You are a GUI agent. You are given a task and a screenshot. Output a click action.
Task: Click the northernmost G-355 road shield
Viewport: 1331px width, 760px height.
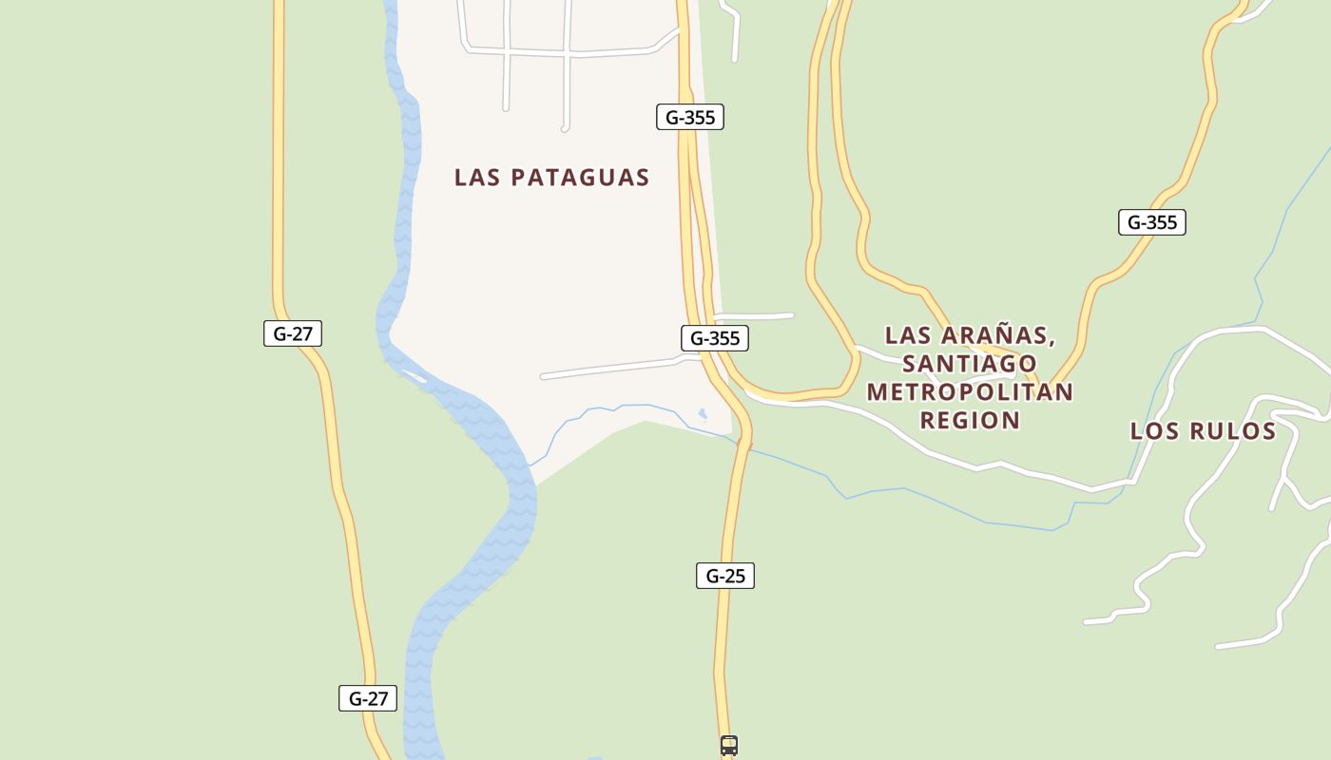point(689,117)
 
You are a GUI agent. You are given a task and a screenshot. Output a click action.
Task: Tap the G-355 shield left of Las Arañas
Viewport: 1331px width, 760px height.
point(714,338)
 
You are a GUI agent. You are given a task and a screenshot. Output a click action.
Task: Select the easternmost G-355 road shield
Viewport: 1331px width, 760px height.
point(1151,222)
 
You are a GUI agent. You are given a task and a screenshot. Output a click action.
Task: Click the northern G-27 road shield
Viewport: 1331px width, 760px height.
point(293,333)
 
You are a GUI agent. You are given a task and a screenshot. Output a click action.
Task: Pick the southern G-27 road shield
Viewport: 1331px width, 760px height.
point(368,698)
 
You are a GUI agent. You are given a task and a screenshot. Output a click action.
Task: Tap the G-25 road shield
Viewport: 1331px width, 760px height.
point(724,576)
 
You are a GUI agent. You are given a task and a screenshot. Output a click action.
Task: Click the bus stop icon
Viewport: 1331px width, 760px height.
point(728,746)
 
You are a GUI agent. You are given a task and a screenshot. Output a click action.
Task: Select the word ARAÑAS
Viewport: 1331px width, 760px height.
point(998,335)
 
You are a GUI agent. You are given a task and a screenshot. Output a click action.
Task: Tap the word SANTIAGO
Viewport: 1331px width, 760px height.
point(970,364)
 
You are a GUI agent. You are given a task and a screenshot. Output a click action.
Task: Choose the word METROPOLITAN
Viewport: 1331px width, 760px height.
point(970,391)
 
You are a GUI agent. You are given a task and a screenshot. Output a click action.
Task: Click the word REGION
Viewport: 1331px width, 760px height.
point(970,420)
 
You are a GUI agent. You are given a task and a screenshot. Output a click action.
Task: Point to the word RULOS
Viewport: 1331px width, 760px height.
point(1231,431)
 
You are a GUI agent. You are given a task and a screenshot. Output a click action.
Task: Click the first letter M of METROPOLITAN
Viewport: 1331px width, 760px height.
point(878,391)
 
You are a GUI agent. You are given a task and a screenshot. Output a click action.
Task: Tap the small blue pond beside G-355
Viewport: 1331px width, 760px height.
point(703,413)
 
